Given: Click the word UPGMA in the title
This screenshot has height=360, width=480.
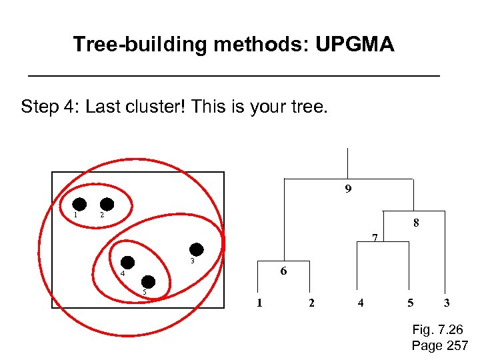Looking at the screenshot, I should pyautogui.click(x=355, y=45).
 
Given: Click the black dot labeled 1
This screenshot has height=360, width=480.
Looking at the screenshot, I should pyautogui.click(x=79, y=205).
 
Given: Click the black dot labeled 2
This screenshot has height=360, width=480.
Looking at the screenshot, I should pyautogui.click(x=107, y=205).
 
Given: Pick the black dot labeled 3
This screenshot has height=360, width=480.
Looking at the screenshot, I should pyautogui.click(x=196, y=248).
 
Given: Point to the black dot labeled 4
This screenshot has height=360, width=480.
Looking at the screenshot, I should pyautogui.click(x=127, y=263).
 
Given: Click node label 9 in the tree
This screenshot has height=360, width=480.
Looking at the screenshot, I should pyautogui.click(x=348, y=189).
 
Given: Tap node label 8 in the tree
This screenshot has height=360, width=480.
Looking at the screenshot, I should pyautogui.click(x=416, y=223).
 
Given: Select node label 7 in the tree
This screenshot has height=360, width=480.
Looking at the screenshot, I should pyautogui.click(x=375, y=237).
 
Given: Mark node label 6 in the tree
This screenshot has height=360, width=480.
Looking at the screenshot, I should pyautogui.click(x=283, y=271).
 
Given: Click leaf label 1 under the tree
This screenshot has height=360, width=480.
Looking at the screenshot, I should pyautogui.click(x=259, y=303).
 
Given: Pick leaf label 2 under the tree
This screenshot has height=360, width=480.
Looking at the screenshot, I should pyautogui.click(x=311, y=303).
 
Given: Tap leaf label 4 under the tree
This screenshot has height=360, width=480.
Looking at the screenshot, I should pyautogui.click(x=361, y=303).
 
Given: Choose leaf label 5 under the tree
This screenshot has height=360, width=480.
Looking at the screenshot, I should pyautogui.click(x=410, y=303).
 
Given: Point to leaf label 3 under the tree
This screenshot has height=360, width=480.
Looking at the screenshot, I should pyautogui.click(x=447, y=303).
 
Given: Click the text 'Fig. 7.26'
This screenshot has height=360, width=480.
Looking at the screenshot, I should pyautogui.click(x=438, y=330).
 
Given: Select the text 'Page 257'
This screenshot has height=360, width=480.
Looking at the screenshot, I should pyautogui.click(x=440, y=345).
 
